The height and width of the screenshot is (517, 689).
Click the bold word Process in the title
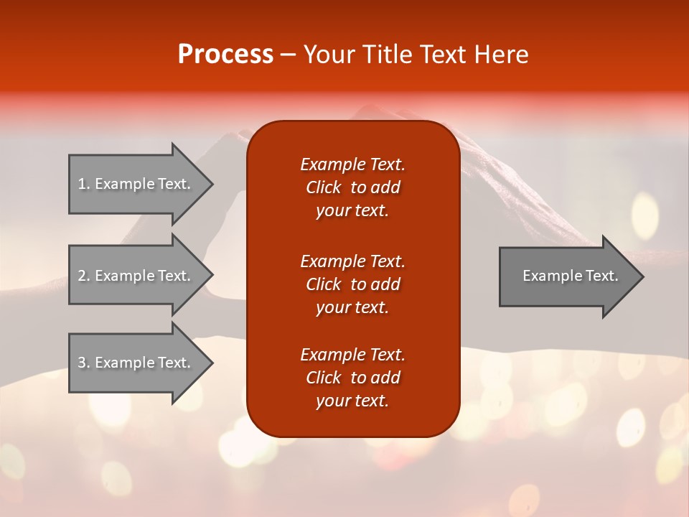point(225,55)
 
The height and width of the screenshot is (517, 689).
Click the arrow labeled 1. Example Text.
point(136,184)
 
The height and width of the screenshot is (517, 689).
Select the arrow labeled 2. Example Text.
point(136,276)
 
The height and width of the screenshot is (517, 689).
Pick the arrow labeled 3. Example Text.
point(136,363)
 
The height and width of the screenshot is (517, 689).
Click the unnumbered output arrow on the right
point(567,276)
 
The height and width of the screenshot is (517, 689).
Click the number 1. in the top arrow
point(83,184)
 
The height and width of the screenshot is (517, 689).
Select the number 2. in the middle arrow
point(83,276)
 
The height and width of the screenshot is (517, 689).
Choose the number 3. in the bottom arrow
point(83,363)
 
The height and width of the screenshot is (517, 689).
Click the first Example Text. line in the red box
point(352,164)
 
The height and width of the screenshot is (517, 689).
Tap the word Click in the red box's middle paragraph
point(323,284)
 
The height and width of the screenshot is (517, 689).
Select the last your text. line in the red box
point(352,401)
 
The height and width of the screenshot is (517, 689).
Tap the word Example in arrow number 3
point(121,363)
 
